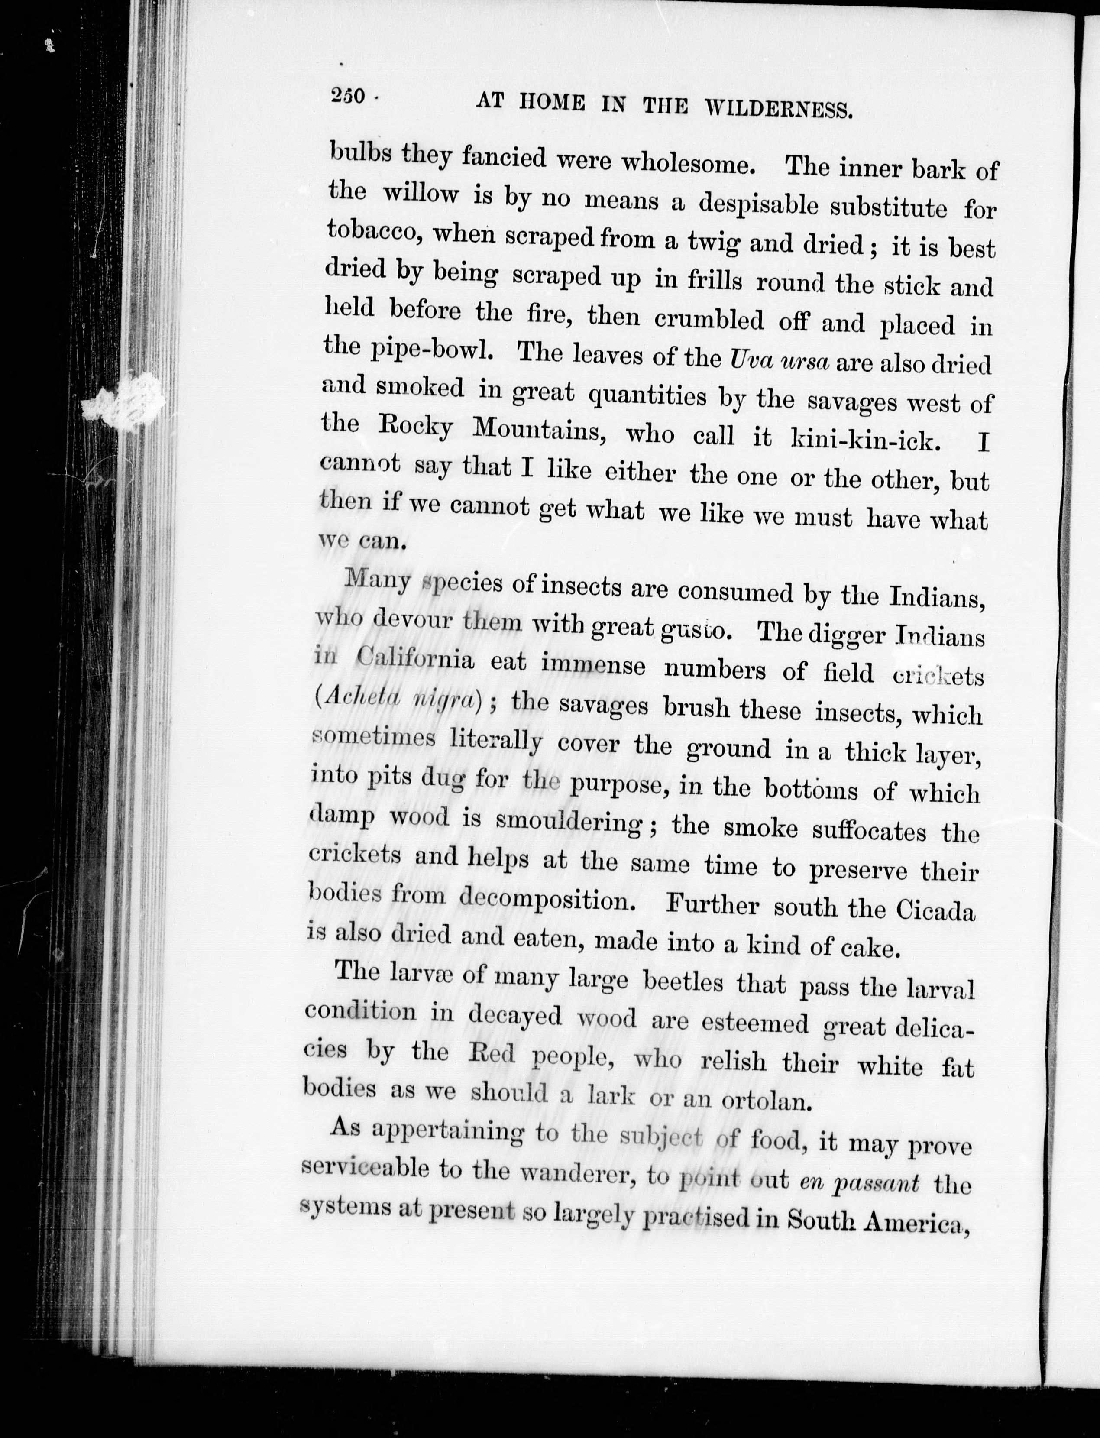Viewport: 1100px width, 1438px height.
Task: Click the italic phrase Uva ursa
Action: pos(779,361)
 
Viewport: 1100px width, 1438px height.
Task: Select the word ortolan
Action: pos(767,1102)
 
